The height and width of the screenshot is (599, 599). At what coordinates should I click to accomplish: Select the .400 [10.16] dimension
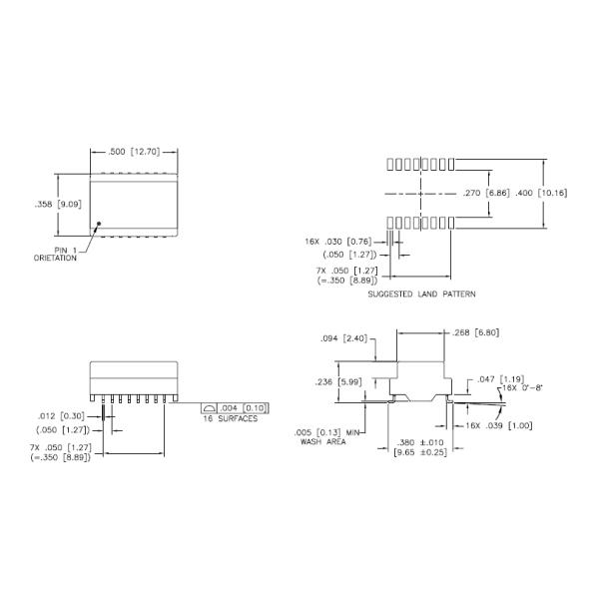pyautogui.click(x=539, y=193)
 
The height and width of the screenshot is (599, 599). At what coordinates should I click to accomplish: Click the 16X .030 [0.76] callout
pyautogui.click(x=338, y=241)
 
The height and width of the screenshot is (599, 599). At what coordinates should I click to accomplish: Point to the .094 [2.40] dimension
pyautogui.click(x=344, y=338)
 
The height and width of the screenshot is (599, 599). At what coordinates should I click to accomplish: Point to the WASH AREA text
pyautogui.click(x=324, y=441)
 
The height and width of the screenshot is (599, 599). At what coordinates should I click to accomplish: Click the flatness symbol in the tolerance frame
pyautogui.click(x=209, y=407)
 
